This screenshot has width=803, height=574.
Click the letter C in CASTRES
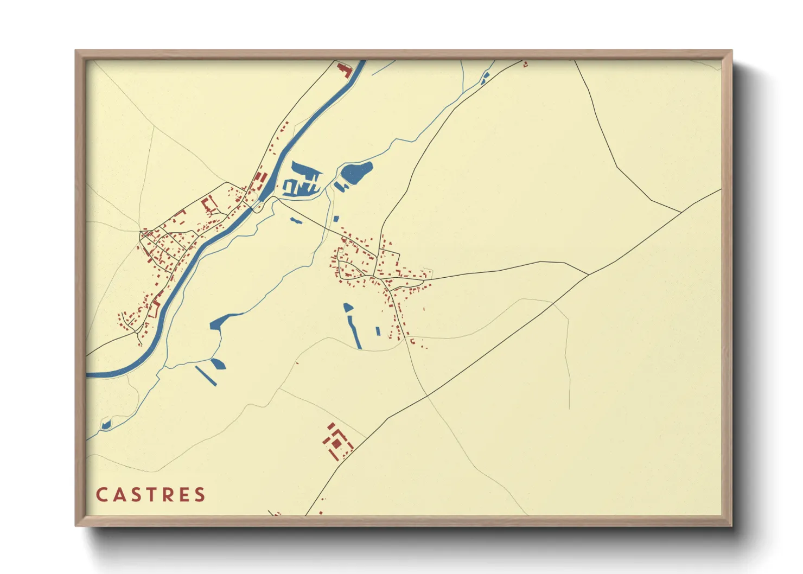(101, 495)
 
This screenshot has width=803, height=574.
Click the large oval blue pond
(356, 172)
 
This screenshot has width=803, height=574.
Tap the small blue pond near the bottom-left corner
(105, 424)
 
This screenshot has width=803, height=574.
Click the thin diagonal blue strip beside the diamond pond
(206, 375)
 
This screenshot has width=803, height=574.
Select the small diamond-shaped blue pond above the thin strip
(218, 363)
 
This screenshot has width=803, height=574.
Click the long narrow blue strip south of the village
(354, 331)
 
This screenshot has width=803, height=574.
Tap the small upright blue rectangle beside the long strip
(378, 331)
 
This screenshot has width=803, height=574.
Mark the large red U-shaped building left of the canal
(209, 204)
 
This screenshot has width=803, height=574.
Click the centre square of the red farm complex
(336, 443)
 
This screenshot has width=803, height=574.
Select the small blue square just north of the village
(336, 219)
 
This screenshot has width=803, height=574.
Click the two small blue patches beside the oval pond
(341, 186)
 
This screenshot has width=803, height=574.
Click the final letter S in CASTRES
(201, 495)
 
